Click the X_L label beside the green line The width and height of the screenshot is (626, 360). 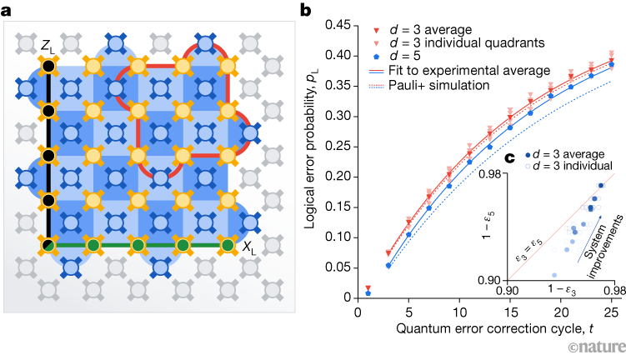(x=249, y=247)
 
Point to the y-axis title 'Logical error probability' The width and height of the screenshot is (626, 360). (x=315, y=158)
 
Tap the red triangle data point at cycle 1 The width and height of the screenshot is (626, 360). (x=368, y=288)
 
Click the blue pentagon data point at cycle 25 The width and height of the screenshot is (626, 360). (x=612, y=64)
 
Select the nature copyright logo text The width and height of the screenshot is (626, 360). (x=593, y=347)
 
